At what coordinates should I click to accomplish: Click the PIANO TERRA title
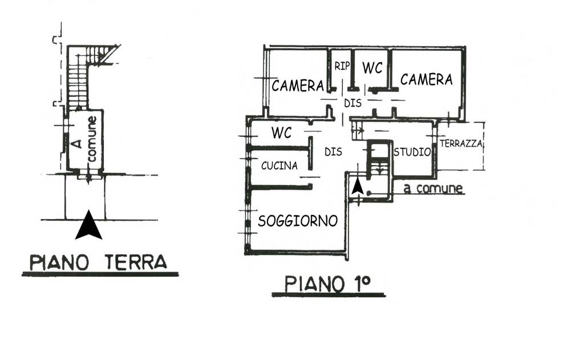[x=99, y=262]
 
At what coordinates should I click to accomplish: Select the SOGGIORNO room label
[x=298, y=221]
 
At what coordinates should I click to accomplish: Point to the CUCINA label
[x=279, y=166]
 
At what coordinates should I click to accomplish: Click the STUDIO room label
[x=411, y=152]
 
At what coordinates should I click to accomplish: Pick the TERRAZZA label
[x=461, y=144]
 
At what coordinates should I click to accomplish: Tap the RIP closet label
[x=342, y=66]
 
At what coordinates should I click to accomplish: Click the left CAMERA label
[x=298, y=86]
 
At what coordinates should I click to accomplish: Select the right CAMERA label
[x=426, y=79]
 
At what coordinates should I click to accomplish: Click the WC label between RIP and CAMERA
[x=372, y=68]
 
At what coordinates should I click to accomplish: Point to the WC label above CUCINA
[x=281, y=134]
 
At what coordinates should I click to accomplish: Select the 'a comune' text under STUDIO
[x=433, y=189]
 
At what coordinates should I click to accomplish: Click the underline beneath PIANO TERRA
[x=100, y=274]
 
